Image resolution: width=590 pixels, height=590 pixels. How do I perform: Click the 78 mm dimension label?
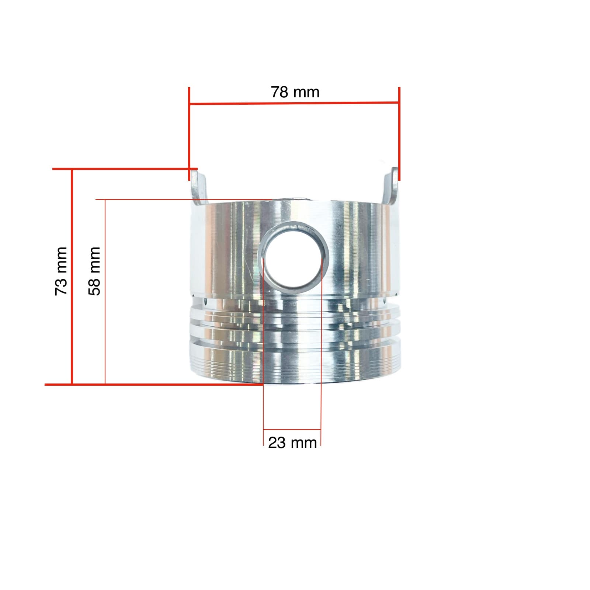click(295, 92)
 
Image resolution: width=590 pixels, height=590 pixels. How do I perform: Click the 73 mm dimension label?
click(61, 271)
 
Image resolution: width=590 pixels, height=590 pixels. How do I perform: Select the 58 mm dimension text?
click(94, 271)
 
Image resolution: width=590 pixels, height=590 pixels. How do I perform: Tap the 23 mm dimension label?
click(292, 442)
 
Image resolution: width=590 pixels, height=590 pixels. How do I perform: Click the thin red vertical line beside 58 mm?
click(105, 291)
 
